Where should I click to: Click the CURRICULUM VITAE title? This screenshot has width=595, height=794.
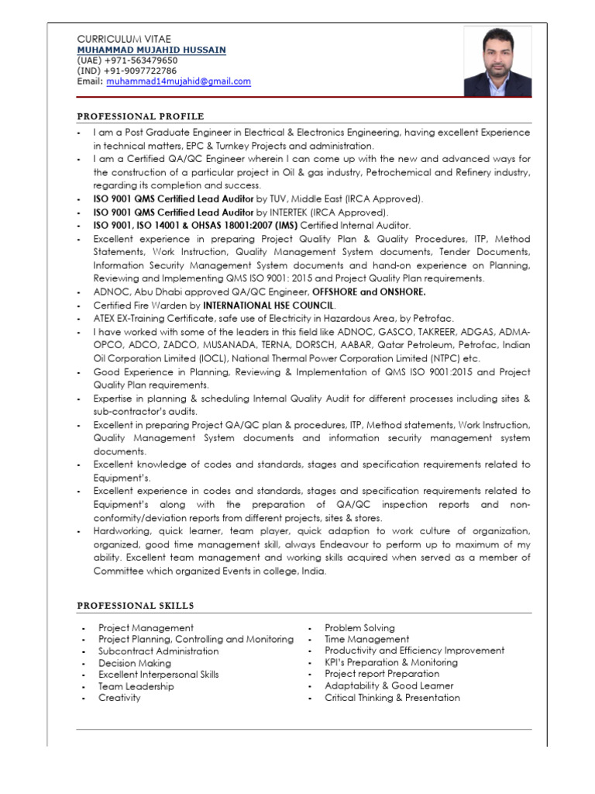(x=124, y=38)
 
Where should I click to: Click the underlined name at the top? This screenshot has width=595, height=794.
(x=151, y=50)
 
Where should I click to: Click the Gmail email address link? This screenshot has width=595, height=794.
(x=178, y=81)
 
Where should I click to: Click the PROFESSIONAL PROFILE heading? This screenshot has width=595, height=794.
(x=140, y=116)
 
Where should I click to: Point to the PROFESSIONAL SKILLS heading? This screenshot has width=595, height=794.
(x=135, y=605)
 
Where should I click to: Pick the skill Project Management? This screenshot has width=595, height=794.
(x=146, y=627)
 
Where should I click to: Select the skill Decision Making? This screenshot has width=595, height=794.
(x=129, y=663)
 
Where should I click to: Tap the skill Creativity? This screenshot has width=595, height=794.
(x=119, y=698)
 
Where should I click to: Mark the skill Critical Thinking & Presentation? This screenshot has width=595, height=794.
(x=392, y=698)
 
